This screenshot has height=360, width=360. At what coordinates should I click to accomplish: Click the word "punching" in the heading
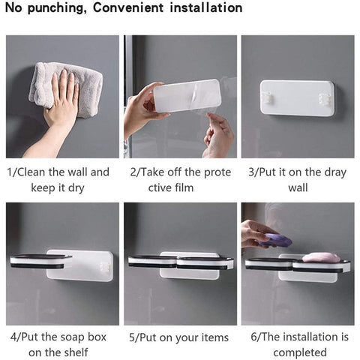coord(55,8)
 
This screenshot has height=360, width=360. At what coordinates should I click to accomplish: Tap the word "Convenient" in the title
coord(128,7)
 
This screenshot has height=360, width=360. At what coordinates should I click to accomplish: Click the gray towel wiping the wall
coord(66,88)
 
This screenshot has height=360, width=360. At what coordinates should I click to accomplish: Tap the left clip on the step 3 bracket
coord(266,97)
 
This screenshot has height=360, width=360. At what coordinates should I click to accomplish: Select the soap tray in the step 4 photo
coord(40,261)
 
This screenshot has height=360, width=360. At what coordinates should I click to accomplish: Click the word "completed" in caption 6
coord(300,353)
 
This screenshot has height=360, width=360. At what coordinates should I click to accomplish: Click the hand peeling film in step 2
coord(218,134)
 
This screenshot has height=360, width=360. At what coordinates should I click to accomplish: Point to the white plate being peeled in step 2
coord(187,96)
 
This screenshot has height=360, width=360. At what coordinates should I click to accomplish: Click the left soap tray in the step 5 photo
coord(153,262)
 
